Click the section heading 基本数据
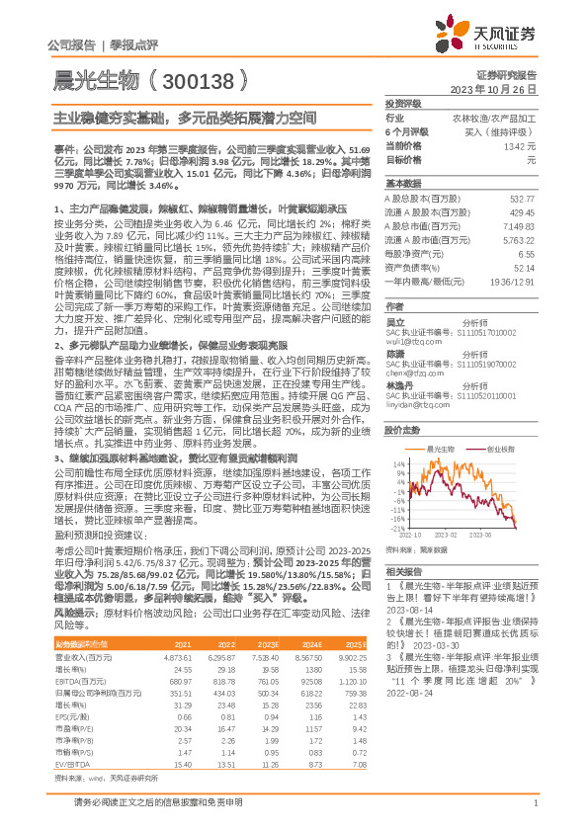(403, 184)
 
